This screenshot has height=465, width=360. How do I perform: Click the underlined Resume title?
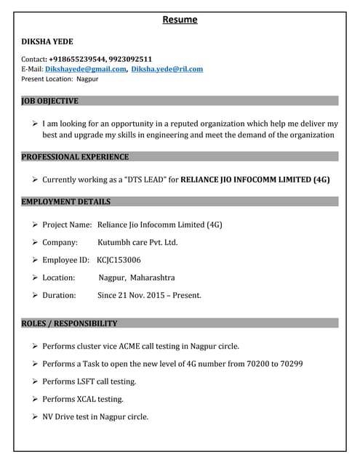tap(179, 20)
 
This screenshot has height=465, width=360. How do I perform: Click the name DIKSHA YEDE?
tap(47, 42)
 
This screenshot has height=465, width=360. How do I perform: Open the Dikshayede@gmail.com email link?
tap(86, 69)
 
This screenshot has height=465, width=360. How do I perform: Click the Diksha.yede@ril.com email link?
tap(167, 69)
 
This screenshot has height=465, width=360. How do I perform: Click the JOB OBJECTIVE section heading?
tap(50, 101)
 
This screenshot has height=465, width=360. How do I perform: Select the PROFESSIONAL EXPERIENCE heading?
tap(75, 157)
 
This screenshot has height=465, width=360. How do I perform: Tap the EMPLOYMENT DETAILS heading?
tap(66, 201)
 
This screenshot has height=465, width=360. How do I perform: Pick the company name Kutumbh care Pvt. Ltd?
tap(137, 243)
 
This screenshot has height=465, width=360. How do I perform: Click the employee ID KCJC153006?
tap(119, 260)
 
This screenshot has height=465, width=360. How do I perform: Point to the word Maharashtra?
tap(153, 278)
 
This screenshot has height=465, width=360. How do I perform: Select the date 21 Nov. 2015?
tap(140, 295)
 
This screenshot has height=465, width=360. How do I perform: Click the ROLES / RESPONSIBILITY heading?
tap(69, 323)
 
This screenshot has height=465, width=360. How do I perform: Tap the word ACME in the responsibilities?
tap(146, 346)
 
